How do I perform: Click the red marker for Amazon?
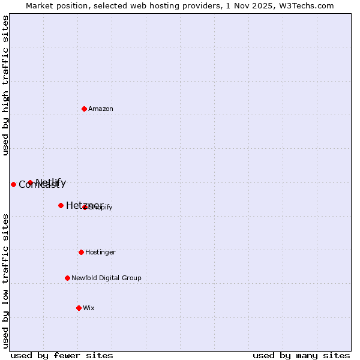pos(84,109)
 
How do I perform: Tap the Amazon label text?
pos(101,109)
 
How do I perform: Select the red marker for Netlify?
pos(30,182)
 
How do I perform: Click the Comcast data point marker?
pos(13,184)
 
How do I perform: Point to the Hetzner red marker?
pos(61,205)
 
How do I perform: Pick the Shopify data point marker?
pos(85,207)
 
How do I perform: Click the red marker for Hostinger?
pos(81,252)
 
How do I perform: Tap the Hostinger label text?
pos(100,253)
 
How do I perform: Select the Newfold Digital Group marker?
pos(67,278)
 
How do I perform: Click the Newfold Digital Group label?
pos(106,278)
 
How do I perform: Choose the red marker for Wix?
pos(79,308)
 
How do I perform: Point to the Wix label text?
pos(89,308)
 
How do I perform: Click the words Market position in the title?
pos(54,5)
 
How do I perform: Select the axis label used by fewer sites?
pos(62,356)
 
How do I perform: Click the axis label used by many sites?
pos(301,356)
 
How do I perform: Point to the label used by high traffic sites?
pos(5,85)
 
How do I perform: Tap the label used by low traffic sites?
pos(5,280)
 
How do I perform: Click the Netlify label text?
pos(51,182)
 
